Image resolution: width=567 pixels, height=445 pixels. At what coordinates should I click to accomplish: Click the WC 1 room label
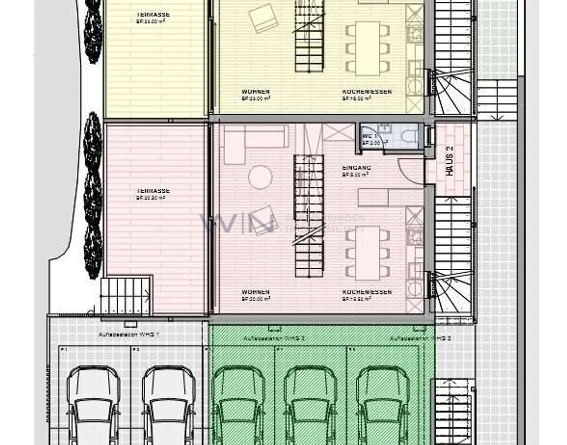[369, 136]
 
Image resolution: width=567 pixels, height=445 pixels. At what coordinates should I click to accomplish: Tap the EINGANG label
[356, 168]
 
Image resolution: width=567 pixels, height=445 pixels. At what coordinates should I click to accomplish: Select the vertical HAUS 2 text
[449, 161]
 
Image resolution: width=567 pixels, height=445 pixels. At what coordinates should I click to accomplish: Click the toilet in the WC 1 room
[410, 136]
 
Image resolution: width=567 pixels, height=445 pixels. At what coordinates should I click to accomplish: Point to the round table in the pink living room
[260, 177]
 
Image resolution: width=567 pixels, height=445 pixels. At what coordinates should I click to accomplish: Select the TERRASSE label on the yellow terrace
[153, 15]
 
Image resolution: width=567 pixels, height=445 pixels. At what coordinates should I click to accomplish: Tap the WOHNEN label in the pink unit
[256, 292]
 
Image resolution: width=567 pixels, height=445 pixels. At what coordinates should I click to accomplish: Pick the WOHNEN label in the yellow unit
[256, 92]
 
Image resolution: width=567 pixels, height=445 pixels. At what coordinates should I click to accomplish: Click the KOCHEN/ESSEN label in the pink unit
[367, 292]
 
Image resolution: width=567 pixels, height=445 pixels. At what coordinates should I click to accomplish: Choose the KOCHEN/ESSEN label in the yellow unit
[367, 92]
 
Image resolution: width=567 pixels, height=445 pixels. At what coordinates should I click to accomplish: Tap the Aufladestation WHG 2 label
[274, 338]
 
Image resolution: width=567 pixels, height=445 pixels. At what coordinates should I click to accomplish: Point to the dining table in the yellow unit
[368, 48]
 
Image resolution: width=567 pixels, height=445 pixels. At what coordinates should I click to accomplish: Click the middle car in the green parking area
[310, 405]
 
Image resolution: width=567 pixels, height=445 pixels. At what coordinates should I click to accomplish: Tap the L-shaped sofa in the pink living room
[252, 142]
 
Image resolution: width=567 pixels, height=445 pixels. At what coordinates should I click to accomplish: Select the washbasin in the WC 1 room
[384, 128]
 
